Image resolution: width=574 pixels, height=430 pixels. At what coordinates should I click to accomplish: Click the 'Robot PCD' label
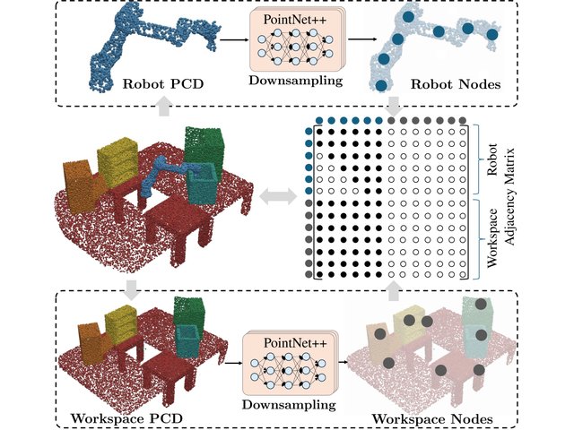coord(163,84)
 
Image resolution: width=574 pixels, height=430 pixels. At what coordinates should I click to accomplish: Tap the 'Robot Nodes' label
coord(456,84)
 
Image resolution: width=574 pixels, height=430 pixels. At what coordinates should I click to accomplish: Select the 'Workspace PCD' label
coord(126,418)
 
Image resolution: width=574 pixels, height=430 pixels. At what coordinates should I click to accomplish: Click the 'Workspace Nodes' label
coord(432,419)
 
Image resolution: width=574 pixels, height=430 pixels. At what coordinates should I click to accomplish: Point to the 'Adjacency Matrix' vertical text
coord(509,196)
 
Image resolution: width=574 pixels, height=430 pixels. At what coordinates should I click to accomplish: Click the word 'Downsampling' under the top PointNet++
coord(296,81)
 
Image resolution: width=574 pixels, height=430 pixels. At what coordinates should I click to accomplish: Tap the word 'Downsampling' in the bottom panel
coord(289,405)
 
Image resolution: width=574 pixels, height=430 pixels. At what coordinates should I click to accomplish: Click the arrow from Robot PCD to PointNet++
coord(234,39)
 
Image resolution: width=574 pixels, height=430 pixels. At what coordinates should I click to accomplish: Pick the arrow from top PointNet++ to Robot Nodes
coord(362,39)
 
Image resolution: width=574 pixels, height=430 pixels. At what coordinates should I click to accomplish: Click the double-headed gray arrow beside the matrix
coord(278,197)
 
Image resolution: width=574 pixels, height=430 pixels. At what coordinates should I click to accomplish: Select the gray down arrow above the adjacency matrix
coord(394,105)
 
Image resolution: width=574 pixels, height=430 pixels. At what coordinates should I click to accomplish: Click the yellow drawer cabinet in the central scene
coord(117,161)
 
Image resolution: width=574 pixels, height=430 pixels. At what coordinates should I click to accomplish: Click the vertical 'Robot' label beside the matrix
coord(492,159)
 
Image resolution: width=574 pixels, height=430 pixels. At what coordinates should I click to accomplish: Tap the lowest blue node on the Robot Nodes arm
coord(381,85)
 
